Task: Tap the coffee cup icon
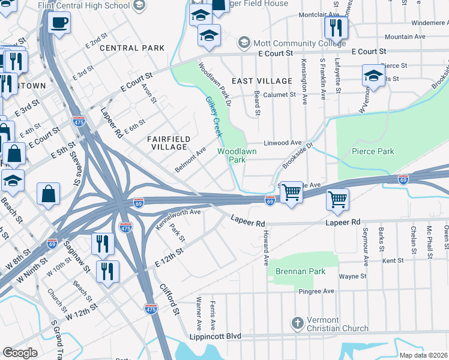[x=59, y=23]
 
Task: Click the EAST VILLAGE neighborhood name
[x=262, y=80]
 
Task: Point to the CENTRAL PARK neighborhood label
[x=132, y=47]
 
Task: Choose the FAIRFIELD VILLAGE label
[x=169, y=143]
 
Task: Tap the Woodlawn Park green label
[x=237, y=155]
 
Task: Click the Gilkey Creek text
[x=214, y=117]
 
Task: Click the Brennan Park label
[x=300, y=271]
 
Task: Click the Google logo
[x=20, y=353]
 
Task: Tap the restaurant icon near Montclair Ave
[x=335, y=27]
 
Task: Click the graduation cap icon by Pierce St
[x=373, y=75]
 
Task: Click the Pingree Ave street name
[x=316, y=291]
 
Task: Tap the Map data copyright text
[x=423, y=355]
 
